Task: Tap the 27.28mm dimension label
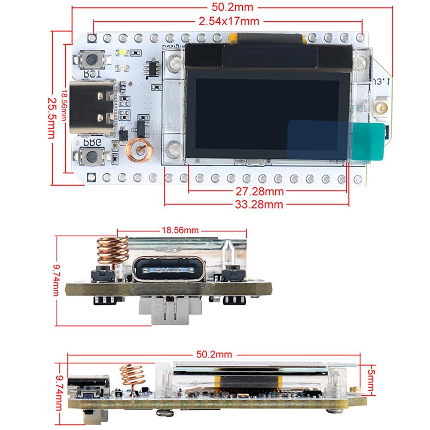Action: pos(265,190)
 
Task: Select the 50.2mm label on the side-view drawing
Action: pos(214,354)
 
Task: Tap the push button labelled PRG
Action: pos(91,156)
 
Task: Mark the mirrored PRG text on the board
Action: pos(91,141)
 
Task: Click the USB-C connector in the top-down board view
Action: pos(92,107)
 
